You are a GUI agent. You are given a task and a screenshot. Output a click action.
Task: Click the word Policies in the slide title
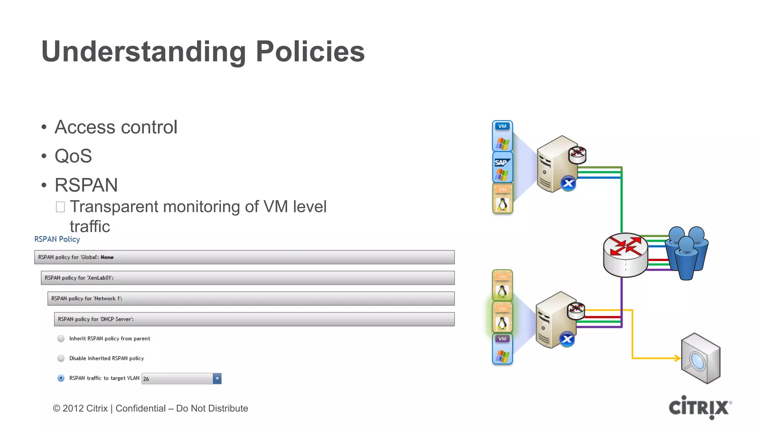point(310,51)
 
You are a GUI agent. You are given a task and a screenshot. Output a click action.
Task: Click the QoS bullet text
point(73,156)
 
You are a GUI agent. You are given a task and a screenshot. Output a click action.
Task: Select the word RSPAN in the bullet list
point(86,185)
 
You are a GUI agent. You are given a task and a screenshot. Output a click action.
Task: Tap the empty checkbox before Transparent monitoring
point(60,207)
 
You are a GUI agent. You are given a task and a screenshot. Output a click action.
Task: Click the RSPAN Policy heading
point(57,239)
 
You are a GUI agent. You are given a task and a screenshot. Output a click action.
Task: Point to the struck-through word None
point(107,257)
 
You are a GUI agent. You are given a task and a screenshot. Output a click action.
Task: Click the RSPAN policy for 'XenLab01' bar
point(248,278)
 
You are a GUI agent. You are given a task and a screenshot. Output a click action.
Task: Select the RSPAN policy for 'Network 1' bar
point(251,298)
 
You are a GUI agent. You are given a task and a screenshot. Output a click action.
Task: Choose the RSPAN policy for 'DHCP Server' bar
point(254,319)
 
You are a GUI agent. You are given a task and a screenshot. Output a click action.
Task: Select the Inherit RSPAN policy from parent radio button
point(61,338)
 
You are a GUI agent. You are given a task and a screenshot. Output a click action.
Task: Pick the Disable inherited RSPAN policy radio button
point(61,358)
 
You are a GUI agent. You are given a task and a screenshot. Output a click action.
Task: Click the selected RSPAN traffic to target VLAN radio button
point(61,378)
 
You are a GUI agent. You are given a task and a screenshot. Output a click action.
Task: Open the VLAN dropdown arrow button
point(217,378)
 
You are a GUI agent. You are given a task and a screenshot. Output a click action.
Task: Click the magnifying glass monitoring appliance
point(700,358)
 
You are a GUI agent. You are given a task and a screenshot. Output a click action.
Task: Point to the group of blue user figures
point(687,252)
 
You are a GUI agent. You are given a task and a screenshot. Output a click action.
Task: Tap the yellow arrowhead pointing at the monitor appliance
point(677,358)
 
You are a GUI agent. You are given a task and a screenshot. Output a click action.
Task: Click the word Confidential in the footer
point(140,408)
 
